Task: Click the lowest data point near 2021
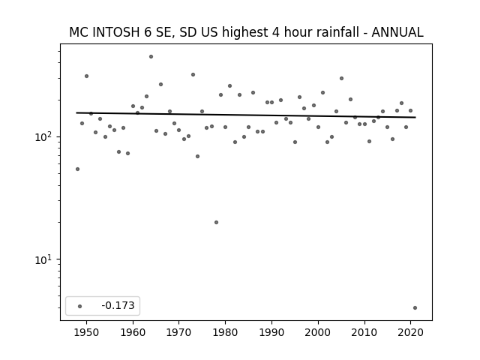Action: tap(415, 308)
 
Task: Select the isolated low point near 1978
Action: tap(217, 222)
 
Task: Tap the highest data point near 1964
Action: tap(151, 57)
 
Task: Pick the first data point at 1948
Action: tap(77, 169)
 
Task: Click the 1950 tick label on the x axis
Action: tap(86, 332)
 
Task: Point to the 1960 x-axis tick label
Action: tap(133, 332)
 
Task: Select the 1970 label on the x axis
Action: tap(178, 332)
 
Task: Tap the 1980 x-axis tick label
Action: tap(225, 332)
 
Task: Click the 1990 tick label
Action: tap(271, 332)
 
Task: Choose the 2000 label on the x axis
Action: tap(318, 332)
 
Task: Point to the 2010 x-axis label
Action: tap(364, 332)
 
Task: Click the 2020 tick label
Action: tap(410, 332)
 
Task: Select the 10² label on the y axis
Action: tap(43, 136)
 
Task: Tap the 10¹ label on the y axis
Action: tap(43, 259)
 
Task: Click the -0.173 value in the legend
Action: tap(118, 305)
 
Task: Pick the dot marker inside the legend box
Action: tap(79, 306)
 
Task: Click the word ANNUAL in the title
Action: tap(397, 32)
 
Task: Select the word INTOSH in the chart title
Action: tap(115, 32)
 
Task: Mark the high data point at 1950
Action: tap(87, 76)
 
